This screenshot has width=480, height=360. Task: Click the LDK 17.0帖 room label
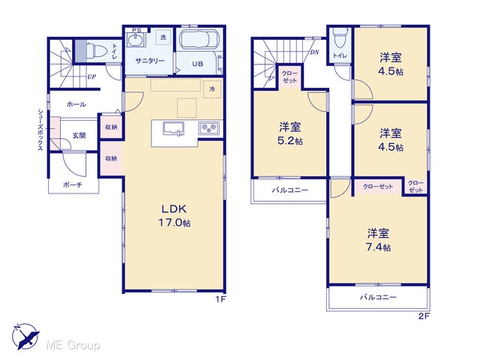174,215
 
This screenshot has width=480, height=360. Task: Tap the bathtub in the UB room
199,40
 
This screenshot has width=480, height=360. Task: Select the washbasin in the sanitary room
135,40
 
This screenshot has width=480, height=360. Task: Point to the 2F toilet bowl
340,38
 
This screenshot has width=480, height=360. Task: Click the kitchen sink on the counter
173,128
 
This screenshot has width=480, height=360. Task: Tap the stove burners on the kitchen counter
209,127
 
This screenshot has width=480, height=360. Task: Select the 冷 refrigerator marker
212,89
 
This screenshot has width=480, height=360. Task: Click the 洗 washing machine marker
163,37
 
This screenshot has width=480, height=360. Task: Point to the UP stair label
91,76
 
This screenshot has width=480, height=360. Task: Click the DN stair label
314,52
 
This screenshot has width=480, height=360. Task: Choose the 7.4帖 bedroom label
378,240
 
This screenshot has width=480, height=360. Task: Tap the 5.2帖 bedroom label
290,133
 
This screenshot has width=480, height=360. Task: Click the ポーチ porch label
73,184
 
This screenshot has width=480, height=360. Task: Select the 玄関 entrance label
79,135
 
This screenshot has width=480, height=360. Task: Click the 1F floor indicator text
220,299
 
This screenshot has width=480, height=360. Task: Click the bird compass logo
26,337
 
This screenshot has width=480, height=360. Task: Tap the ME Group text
73,345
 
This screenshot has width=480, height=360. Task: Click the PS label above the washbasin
136,30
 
